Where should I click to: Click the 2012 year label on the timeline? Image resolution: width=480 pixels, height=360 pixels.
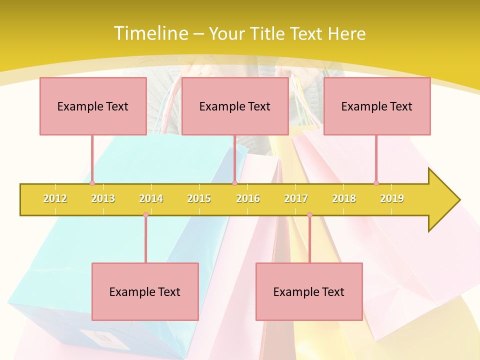55,198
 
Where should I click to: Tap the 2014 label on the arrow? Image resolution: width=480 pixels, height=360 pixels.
151,198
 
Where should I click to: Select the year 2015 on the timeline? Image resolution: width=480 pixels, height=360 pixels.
199,198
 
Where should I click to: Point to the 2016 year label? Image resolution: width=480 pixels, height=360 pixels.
248,198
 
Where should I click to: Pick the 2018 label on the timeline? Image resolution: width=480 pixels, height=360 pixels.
344,198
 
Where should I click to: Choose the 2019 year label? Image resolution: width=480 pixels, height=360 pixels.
392,198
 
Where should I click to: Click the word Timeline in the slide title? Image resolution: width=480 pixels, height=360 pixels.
150,33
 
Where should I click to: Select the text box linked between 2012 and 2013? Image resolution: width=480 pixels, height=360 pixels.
93,106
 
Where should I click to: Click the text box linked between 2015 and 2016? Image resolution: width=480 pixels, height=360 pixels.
235,106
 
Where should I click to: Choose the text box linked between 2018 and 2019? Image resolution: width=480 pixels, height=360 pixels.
377,106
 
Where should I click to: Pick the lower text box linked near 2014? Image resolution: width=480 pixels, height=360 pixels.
145,291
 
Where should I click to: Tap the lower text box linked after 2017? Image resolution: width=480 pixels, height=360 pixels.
309,291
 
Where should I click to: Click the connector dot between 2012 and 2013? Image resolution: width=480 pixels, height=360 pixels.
92,183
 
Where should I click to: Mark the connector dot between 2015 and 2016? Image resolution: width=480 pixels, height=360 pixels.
234,183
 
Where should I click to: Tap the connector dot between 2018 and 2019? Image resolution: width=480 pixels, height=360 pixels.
376,183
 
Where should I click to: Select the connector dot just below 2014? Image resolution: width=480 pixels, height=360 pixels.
145,215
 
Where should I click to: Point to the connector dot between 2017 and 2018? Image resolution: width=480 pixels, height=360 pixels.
309,215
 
